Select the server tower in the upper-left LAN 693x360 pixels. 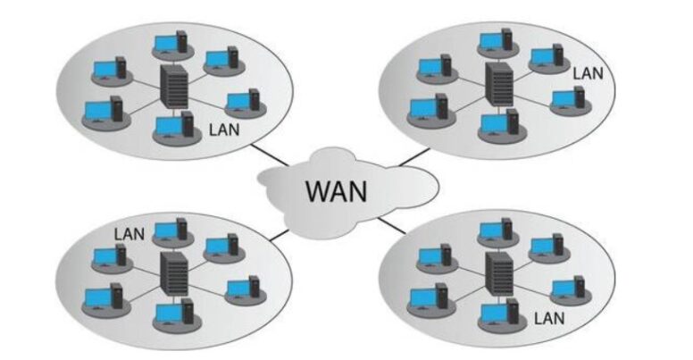tap(171, 87)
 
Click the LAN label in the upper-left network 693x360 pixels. tap(222, 129)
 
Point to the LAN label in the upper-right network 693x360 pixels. tap(589, 71)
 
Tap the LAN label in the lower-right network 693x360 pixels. tap(547, 317)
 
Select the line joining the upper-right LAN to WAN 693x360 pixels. tap(412, 158)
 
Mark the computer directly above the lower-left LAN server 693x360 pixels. tap(170, 231)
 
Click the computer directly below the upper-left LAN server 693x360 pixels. tap(173, 127)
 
